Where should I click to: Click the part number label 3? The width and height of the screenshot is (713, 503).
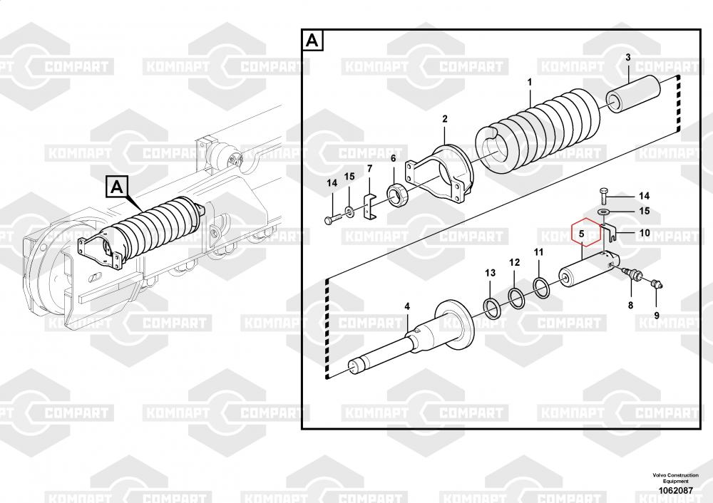[628, 58]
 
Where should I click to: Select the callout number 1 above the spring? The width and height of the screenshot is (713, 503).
[530, 82]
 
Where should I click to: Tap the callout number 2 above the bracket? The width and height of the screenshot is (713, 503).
[445, 119]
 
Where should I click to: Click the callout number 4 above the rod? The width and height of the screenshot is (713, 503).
[407, 306]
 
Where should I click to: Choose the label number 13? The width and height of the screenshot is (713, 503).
[491, 273]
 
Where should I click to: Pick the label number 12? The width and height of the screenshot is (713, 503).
[514, 263]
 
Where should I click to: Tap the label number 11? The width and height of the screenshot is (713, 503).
[538, 252]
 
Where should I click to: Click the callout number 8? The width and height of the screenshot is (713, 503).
[631, 306]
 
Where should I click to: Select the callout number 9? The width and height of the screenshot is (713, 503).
[656, 316]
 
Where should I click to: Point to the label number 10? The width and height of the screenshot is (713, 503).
[645, 233]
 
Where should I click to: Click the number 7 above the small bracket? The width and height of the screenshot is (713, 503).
[369, 169]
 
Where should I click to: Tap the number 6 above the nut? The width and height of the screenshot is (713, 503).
[394, 159]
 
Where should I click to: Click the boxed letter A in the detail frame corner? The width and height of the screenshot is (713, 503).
[312, 40]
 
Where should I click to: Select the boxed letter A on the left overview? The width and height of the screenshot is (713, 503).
[117, 187]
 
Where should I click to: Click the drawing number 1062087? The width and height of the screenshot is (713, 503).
[676, 491]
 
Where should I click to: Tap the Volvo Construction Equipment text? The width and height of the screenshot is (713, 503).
[676, 478]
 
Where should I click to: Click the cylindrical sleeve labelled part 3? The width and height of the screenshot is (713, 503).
[633, 93]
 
